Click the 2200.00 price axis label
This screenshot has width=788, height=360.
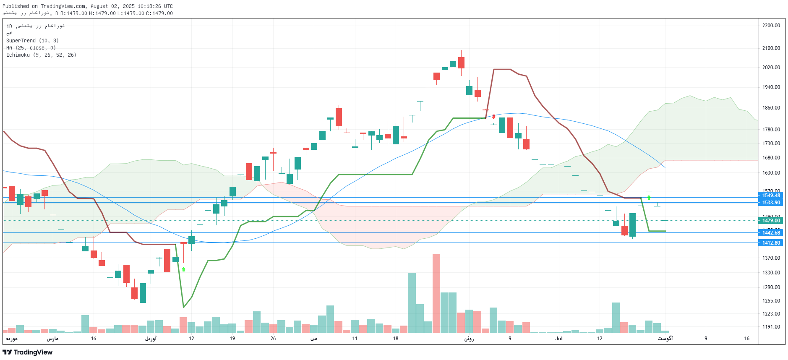[771, 26]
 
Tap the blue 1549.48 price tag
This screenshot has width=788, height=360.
[771, 196]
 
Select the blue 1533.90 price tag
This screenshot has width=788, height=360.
[771, 203]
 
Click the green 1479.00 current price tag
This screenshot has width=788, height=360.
[771, 221]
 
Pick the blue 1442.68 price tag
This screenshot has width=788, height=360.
[771, 233]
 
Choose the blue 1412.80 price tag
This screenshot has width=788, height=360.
[771, 243]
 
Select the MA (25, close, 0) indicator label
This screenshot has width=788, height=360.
[31, 48]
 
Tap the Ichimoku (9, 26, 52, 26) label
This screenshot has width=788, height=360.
[41, 55]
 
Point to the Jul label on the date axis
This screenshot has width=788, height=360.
[559, 339]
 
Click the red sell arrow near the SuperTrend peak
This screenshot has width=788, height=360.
[494, 117]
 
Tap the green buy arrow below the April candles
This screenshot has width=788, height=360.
[183, 269]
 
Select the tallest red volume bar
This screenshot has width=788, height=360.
[436, 293]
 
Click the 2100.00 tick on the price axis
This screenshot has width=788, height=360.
[771, 48]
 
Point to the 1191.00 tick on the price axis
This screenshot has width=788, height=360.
[771, 327]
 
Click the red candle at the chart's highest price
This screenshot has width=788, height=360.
[461, 63]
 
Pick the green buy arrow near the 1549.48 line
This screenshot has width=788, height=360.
[649, 197]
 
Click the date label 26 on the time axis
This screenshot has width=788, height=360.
[273, 339]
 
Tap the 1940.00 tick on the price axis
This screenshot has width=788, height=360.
[771, 87]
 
